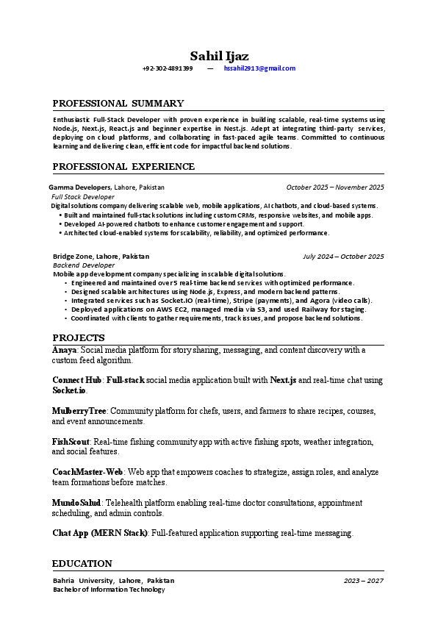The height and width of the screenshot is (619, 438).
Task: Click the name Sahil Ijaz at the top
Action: coord(219,56)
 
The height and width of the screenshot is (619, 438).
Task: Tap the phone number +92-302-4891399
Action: coord(168,68)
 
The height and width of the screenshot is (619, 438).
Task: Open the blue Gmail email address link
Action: coord(259,68)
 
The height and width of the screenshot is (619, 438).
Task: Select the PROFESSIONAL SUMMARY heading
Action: coord(118,104)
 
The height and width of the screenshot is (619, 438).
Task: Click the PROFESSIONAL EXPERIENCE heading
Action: coord(123,167)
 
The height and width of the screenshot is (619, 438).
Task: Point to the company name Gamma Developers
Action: coord(80,187)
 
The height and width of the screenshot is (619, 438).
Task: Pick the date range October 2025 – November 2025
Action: coord(335,187)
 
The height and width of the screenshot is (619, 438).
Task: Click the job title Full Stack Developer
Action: coord(83,197)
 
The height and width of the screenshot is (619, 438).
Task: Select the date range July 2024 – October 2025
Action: coord(343,257)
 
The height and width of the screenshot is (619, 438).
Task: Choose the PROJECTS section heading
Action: coord(79,337)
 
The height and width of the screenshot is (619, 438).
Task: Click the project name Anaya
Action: coord(64,350)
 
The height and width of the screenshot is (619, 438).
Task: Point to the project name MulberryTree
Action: coord(79,410)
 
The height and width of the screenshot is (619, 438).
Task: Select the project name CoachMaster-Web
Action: coord(87,471)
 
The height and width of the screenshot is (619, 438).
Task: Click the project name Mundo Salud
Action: coord(76,502)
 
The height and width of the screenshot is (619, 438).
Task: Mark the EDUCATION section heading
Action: coord(82,564)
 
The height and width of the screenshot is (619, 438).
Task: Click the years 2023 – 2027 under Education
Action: coord(363,581)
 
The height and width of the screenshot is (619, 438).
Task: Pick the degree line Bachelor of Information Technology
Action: coord(109,590)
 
